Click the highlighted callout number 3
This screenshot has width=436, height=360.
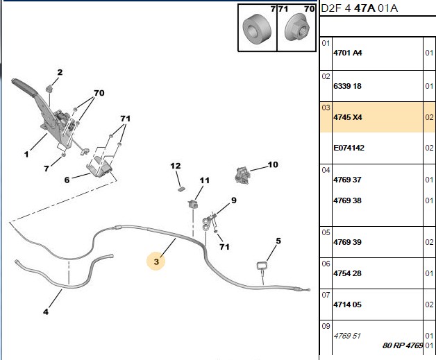(156, 262)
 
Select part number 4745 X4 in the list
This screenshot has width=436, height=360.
(348, 117)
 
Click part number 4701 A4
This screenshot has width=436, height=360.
(348, 53)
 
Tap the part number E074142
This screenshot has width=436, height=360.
(349, 148)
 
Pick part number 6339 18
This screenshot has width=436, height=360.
(347, 86)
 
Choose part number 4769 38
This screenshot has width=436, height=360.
(347, 200)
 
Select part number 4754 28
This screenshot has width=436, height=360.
(347, 273)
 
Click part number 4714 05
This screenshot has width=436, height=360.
(347, 305)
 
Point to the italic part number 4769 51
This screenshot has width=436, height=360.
(347, 336)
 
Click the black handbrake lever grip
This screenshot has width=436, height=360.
(24, 87)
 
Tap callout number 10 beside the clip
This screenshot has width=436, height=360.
(273, 164)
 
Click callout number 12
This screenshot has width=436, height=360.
(176, 166)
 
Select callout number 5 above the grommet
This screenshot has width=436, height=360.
(278, 241)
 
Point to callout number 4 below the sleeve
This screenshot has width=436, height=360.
(46, 311)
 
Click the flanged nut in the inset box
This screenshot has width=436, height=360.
(297, 27)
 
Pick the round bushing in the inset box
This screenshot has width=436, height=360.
(257, 29)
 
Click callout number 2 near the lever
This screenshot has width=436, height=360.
(60, 72)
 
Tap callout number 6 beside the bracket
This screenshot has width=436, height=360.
(67, 180)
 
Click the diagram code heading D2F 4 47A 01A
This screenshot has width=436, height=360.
(359, 8)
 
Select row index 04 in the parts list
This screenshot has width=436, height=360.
(326, 170)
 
